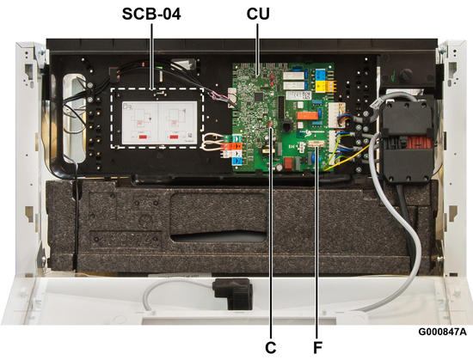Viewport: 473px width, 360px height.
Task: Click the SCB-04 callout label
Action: (151, 14)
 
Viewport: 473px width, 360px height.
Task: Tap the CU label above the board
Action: (258, 14)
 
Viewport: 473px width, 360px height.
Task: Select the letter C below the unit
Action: (271, 348)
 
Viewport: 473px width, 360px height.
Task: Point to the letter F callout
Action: (317, 348)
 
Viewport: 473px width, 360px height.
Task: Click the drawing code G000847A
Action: (442, 332)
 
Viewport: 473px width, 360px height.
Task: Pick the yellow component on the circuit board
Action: (322, 86)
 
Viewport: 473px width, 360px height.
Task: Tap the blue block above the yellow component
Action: (321, 74)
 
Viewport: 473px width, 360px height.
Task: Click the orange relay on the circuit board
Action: (307, 115)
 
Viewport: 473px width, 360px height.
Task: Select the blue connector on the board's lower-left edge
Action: (237, 161)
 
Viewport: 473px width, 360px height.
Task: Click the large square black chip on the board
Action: (259, 97)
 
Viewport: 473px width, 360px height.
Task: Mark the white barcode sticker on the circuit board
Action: (298, 95)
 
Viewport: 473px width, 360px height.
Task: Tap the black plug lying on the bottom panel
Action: (232, 293)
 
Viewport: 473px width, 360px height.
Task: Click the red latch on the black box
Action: (419, 142)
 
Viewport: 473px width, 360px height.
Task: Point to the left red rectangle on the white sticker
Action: (144, 137)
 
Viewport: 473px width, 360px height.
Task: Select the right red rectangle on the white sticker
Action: (174, 137)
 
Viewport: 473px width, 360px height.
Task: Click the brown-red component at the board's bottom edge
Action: (289, 163)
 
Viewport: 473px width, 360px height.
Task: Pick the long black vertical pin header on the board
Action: (281, 107)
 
